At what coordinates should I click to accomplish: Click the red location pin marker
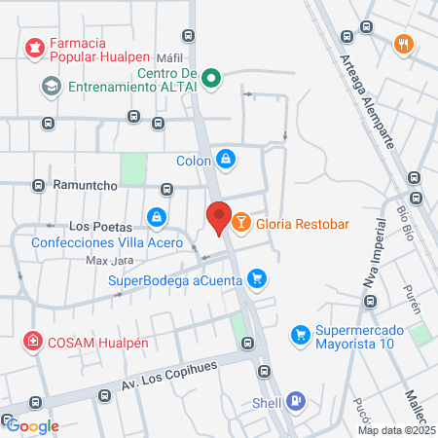(x=219, y=218)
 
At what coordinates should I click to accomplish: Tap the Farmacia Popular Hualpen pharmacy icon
(x=36, y=48)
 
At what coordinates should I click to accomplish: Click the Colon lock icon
(x=226, y=158)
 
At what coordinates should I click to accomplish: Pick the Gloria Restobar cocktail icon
(x=240, y=224)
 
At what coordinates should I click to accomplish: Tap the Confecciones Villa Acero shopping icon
(x=156, y=216)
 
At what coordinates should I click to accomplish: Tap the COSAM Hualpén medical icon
(x=33, y=341)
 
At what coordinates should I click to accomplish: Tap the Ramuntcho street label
(x=92, y=184)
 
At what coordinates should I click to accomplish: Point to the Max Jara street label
(x=108, y=261)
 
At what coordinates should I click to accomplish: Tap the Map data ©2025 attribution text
(x=395, y=430)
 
